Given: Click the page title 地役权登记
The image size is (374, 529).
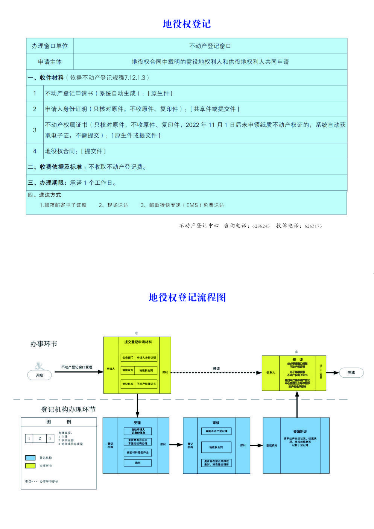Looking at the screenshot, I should (x=187, y=24).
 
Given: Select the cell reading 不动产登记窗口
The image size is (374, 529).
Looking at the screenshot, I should (x=210, y=46).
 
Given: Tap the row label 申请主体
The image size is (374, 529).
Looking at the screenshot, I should (x=50, y=62).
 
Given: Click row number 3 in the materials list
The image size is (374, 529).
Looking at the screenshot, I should (x=35, y=130).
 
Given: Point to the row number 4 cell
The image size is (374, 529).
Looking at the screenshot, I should (x=35, y=151).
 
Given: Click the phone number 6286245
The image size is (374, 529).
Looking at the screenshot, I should (x=261, y=226).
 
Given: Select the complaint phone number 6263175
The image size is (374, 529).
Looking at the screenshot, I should (x=313, y=226).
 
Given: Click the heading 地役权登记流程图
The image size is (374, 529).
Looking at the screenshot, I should (x=187, y=298).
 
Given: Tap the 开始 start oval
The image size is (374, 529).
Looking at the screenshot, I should (x=40, y=375).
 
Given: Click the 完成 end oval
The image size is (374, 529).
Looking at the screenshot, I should (x=351, y=372).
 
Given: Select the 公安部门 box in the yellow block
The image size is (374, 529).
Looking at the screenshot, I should (x=128, y=357).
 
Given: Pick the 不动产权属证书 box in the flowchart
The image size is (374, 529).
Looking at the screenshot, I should (x=146, y=384).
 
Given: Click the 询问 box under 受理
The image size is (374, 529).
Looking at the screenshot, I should (x=138, y=463).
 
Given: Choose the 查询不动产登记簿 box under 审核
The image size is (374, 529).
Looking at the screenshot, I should (x=216, y=431).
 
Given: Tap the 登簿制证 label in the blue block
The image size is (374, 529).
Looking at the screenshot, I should (x=300, y=432).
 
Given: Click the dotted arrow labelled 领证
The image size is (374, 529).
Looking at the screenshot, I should (x=216, y=372).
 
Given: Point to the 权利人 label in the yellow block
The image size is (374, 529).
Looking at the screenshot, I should (x=271, y=372).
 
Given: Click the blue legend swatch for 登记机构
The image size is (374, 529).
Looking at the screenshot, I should (x=30, y=458).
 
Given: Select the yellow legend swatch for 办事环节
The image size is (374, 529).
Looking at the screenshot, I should (x=30, y=466).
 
